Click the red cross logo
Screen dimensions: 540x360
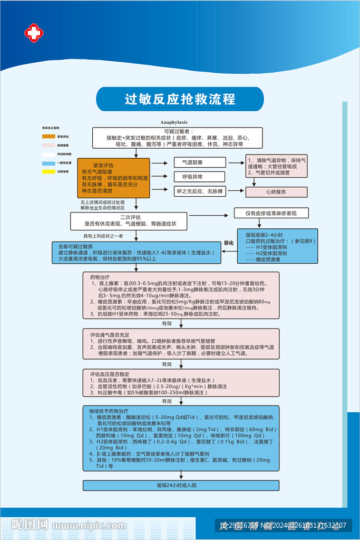tap(34, 33)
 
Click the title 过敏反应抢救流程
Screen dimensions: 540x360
tap(180, 99)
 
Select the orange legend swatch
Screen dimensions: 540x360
tap(49, 136)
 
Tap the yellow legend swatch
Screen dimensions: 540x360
tap(49, 171)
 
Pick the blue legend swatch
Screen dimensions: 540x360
tap(49, 163)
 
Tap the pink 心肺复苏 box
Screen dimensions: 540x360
tap(276, 192)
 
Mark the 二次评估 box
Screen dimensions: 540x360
tap(129, 220)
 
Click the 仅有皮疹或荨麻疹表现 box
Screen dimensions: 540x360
tap(271, 213)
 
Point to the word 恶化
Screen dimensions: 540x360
tap(228, 243)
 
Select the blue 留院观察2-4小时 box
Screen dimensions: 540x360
tap(277, 246)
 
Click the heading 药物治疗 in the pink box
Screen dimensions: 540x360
tap(100, 277)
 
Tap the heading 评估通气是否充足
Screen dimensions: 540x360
tap(110, 335)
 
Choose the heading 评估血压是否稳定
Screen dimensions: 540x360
tap(110, 373)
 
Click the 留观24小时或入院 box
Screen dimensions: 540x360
tap(181, 485)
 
